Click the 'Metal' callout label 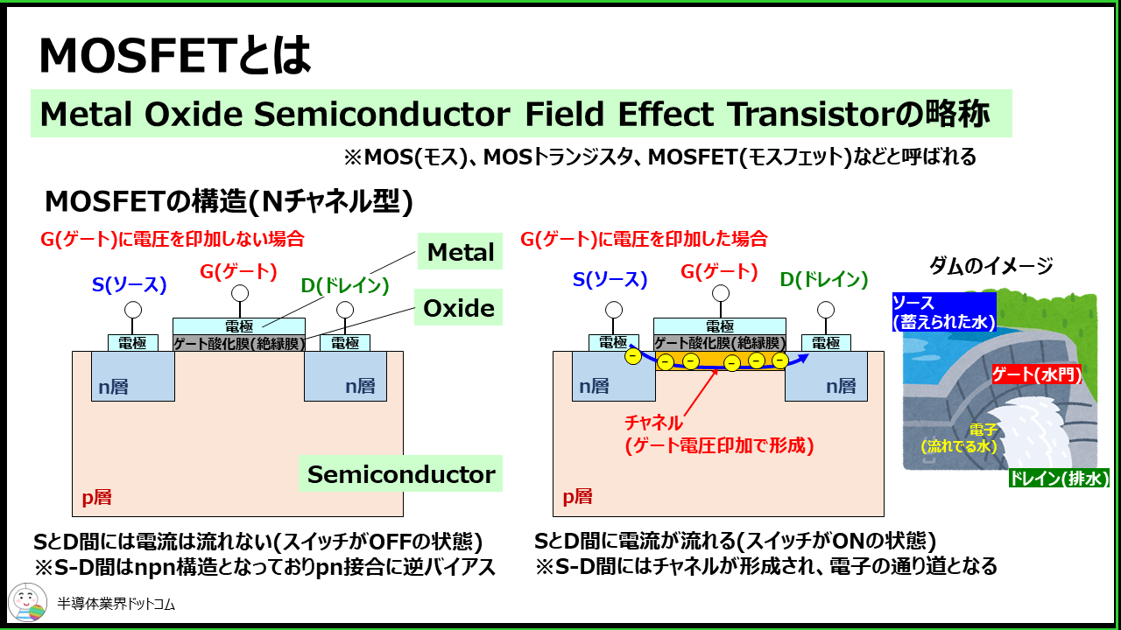(461, 253)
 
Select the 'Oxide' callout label (459, 308)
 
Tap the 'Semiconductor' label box (401, 474)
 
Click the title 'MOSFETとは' (175, 57)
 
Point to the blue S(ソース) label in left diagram (130, 283)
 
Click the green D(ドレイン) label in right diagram (824, 280)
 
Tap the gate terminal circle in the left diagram (240, 292)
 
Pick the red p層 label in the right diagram (577, 497)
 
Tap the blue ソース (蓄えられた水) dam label (944, 311)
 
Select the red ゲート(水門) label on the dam (1036, 375)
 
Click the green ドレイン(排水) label (1059, 479)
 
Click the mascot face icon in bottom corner (27, 603)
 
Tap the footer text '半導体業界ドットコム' (116, 605)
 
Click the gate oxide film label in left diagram (239, 343)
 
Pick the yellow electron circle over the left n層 (632, 356)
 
